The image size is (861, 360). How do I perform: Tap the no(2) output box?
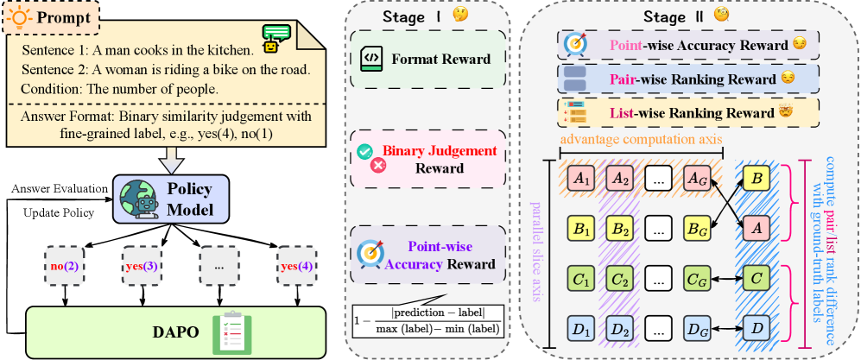coord(65,266)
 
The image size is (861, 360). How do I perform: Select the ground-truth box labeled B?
coord(757,179)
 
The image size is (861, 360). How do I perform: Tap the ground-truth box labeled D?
coord(757,329)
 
